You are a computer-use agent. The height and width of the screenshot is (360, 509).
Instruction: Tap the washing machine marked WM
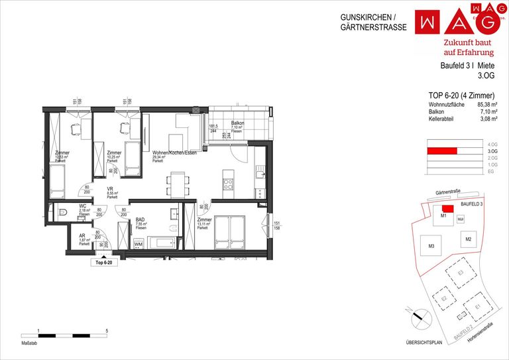(x=138, y=245)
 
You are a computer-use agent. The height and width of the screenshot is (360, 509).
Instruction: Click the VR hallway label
(x=111, y=189)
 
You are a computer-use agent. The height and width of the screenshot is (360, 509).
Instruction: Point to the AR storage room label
(x=82, y=236)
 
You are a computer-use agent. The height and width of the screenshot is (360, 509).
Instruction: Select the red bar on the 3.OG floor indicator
(x=442, y=151)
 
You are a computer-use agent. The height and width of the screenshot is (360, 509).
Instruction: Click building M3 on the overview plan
(x=431, y=247)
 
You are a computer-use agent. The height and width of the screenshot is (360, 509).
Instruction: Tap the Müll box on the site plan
(x=461, y=218)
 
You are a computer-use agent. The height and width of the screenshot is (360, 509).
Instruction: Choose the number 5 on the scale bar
(x=107, y=329)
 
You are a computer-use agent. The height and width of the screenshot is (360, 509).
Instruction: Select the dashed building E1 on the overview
(x=477, y=307)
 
